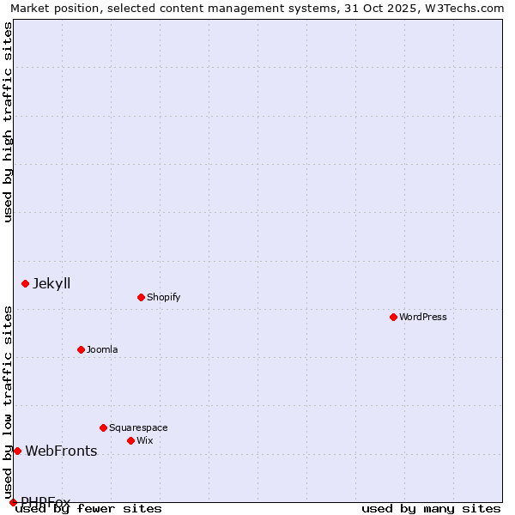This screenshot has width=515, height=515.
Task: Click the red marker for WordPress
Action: tap(394, 317)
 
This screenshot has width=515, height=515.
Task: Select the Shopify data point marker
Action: tap(141, 297)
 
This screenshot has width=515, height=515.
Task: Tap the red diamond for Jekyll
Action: tap(26, 283)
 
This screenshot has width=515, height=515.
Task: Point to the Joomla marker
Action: tap(82, 349)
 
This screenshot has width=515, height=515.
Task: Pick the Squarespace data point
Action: tap(104, 427)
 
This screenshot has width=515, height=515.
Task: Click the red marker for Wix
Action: tap(130, 440)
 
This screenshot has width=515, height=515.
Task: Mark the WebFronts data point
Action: tap(17, 451)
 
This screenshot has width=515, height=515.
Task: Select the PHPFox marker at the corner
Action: tap(13, 502)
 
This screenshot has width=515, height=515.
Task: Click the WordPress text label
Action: tap(423, 317)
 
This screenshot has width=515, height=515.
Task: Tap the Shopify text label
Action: tap(163, 297)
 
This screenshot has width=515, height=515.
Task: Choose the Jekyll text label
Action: tap(51, 283)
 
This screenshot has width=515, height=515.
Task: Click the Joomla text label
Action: tap(102, 349)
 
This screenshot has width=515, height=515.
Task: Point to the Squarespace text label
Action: tap(138, 427)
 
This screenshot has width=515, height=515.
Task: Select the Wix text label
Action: tap(144, 440)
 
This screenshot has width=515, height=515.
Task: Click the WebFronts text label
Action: tap(61, 451)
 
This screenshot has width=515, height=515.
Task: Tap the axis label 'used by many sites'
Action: tap(431, 508)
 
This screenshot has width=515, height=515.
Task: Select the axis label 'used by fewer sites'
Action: tap(89, 508)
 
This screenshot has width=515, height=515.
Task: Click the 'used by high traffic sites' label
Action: tap(9, 122)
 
